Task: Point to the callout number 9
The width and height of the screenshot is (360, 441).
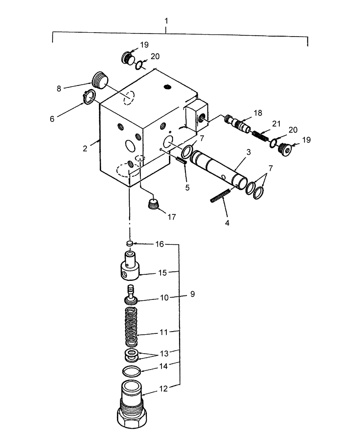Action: pos(192,293)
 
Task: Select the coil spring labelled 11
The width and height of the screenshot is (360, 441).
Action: pos(131,327)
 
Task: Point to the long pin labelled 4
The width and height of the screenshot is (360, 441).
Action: pos(221,195)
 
